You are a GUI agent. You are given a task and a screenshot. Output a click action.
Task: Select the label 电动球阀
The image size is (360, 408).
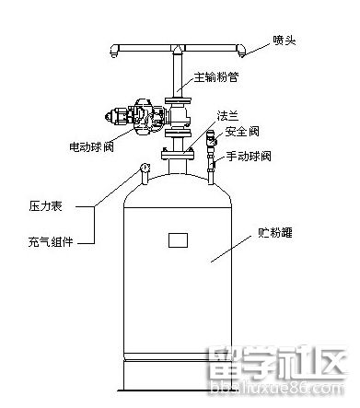coord(92,146)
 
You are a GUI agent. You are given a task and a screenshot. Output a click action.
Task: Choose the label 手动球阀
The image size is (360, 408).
coord(251,157)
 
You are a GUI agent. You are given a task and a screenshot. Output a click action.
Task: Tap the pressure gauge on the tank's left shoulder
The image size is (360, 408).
coord(145,168)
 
